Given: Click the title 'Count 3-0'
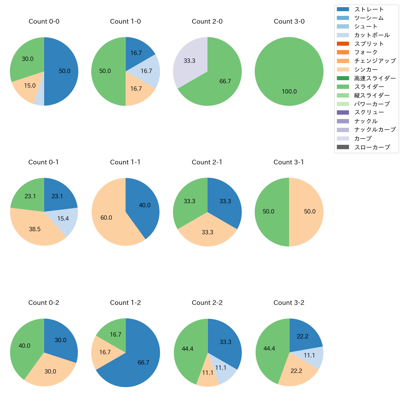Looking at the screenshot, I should pos(289,21).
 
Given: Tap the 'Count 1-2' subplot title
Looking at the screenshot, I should pos(126,303).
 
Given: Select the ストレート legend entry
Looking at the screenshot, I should pos(369,9).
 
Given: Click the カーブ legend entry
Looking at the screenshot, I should pos(363,139).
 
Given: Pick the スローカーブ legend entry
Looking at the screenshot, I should pos(372,147).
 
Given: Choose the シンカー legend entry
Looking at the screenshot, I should pos(366,70).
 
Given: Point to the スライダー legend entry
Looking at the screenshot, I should pos(369,87).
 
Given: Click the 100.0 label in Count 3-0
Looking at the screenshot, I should pos(289,92).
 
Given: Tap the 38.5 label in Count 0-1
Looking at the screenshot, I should pos(35,229).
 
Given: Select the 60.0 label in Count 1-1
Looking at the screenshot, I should pos(106,218).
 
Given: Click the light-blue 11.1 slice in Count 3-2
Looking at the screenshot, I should pos(314,356).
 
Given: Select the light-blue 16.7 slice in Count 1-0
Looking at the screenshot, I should pos(148,71).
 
